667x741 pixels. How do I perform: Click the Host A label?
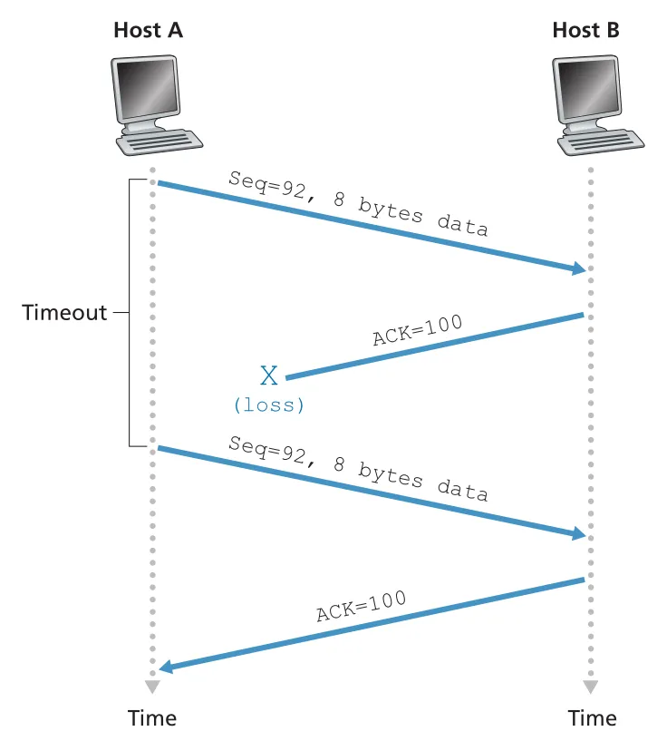click(148, 30)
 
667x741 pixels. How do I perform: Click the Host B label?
click(585, 30)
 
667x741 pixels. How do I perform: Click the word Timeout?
click(64, 312)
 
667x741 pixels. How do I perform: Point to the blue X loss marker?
click(269, 375)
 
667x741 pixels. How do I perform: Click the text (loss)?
click(269, 405)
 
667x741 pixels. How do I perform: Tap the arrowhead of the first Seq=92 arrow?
click(579, 268)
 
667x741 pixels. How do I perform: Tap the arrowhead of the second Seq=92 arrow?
click(579, 534)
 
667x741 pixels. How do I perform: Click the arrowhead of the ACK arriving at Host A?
click(166, 667)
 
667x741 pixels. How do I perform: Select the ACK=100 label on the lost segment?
click(417, 330)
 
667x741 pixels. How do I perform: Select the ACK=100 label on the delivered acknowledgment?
click(361, 606)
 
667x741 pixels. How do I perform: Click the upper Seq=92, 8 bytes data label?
click(358, 203)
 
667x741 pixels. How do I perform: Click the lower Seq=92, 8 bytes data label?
click(358, 468)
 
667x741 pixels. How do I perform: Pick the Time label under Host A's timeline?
click(152, 717)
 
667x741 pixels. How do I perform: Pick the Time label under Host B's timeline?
click(592, 717)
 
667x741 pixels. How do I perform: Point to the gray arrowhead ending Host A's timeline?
click(152, 687)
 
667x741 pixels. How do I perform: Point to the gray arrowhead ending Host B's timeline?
click(591, 687)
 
